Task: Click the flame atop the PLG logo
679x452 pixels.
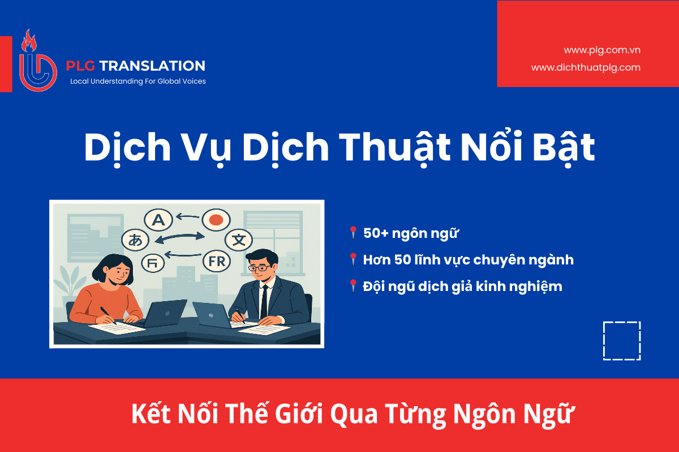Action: (29, 41)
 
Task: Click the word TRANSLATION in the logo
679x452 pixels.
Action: (152, 66)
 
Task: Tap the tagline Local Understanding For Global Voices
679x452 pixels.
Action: (138, 81)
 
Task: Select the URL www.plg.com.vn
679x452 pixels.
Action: (602, 50)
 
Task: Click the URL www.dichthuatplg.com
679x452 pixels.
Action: (586, 67)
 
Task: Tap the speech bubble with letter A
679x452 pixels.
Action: (158, 220)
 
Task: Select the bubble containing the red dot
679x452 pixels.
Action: (216, 220)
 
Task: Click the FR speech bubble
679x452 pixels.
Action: (217, 261)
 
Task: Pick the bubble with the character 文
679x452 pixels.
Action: (239, 240)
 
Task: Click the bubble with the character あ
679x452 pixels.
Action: (135, 240)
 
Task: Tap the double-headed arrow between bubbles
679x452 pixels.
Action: (180, 238)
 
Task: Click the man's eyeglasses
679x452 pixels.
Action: (259, 268)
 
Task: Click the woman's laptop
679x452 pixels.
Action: (165, 314)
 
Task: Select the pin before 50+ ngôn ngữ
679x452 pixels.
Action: (353, 233)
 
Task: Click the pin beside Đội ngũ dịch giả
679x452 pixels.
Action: (353, 286)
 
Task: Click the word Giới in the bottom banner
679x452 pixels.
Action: (299, 414)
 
